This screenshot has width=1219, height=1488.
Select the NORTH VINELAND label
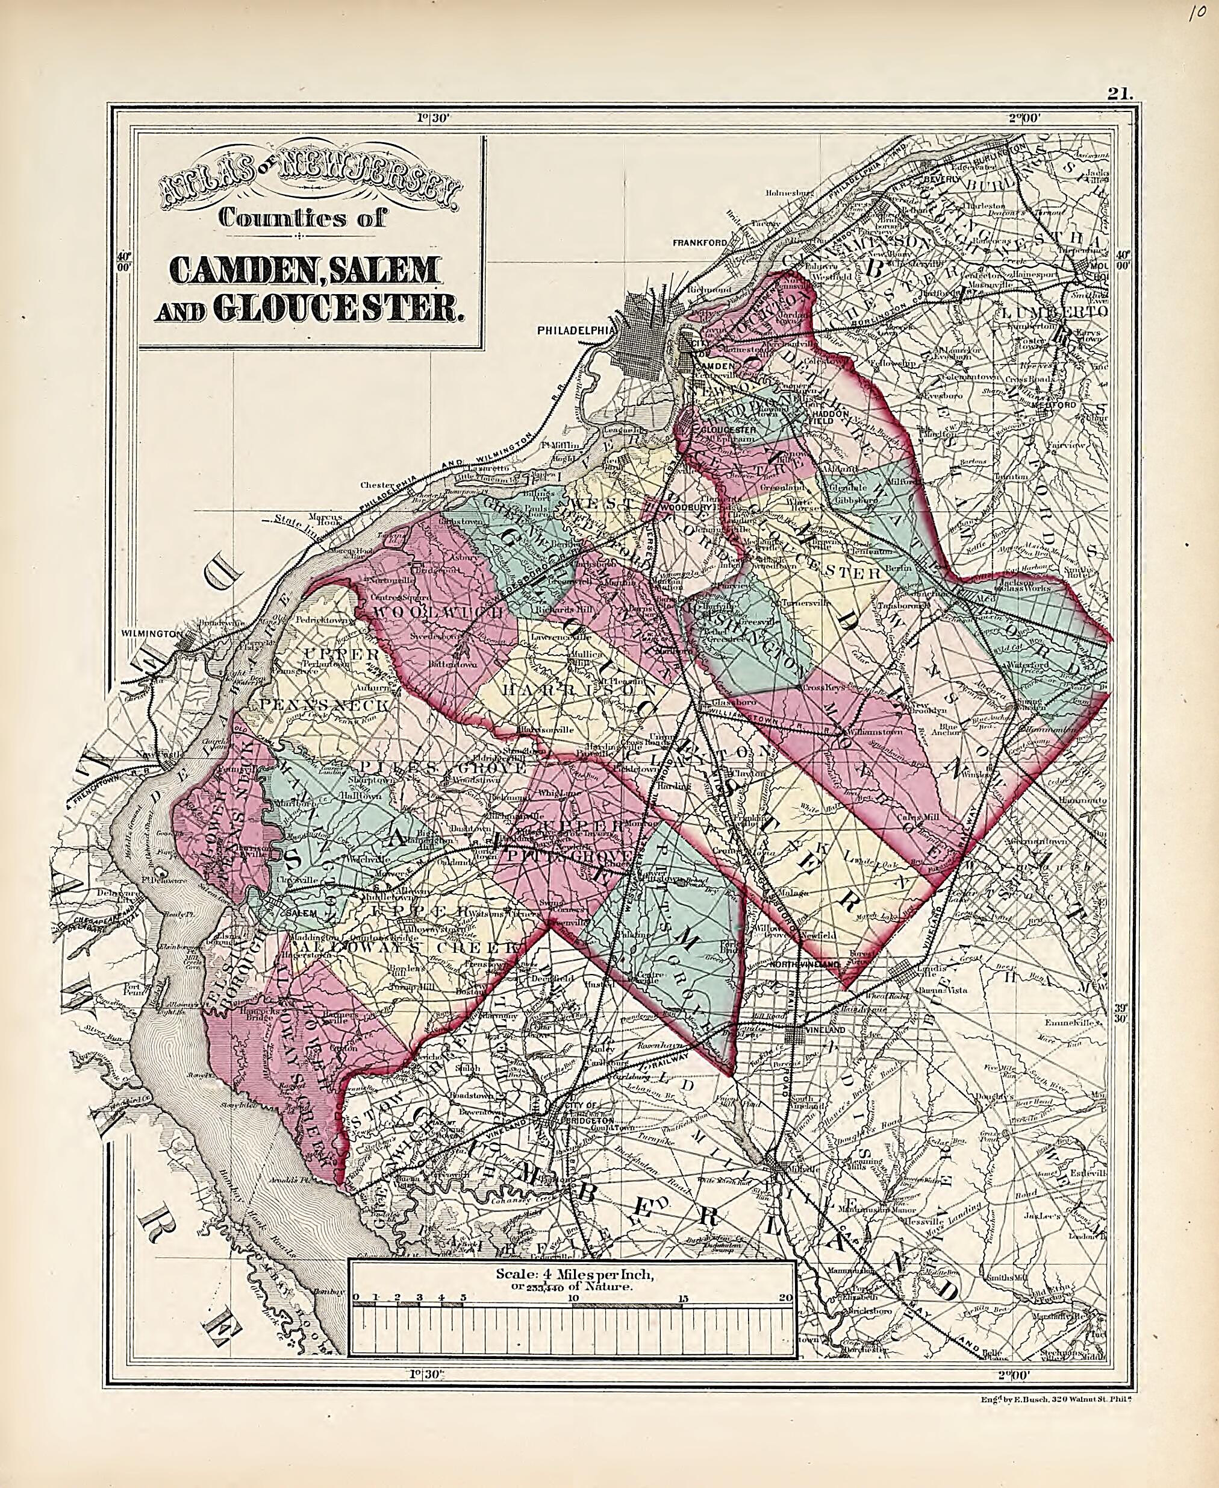pos(805,966)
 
